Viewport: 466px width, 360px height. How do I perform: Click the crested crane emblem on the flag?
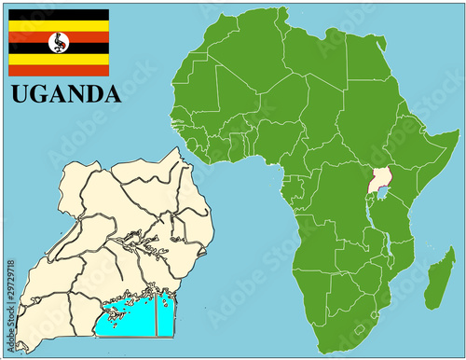tap(59, 42)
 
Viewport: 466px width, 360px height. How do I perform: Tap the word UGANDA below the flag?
tap(65, 94)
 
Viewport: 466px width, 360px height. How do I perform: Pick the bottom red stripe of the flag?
tap(59, 70)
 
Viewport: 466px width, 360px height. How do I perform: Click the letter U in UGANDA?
tap(19, 94)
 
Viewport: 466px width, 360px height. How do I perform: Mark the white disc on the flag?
tap(59, 42)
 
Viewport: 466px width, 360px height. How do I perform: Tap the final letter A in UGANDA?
tap(112, 94)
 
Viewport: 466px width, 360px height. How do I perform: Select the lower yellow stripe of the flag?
tap(59, 59)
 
